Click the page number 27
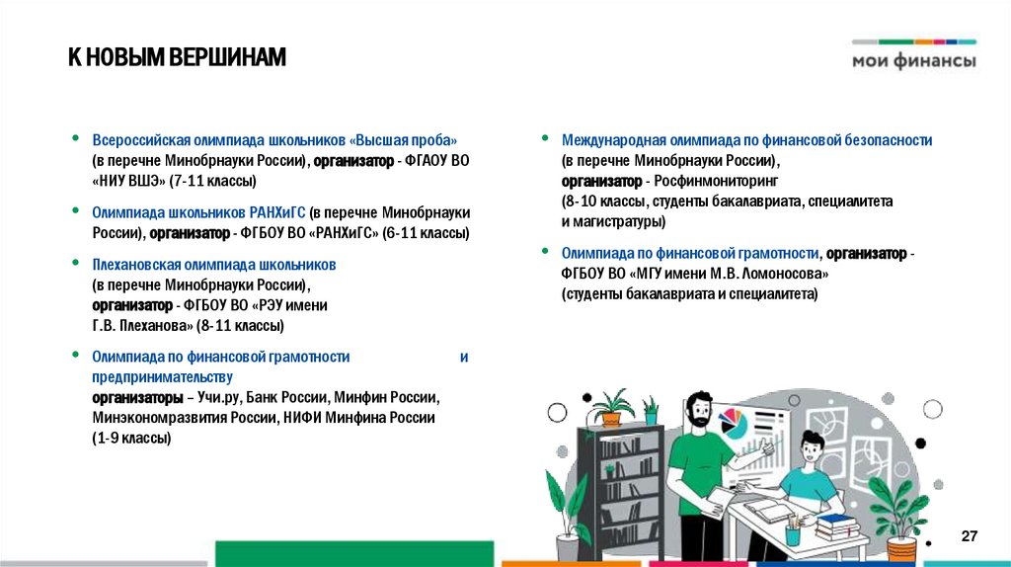[x=969, y=535]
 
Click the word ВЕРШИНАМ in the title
[x=227, y=58]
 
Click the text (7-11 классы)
[x=212, y=181]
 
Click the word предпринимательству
[x=162, y=377]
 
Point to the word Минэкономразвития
[x=148, y=418]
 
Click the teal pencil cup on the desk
[x=792, y=533]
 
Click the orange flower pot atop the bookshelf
[x=611, y=418]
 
